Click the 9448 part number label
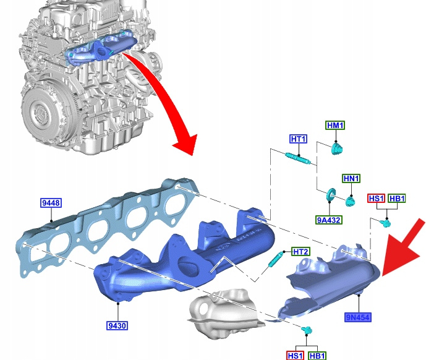(51, 203)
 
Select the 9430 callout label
(117, 325)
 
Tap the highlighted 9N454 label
(358, 317)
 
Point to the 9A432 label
(329, 220)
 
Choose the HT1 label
(299, 139)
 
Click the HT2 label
(300, 252)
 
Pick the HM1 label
(336, 126)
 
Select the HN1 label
(351, 178)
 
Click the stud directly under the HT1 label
(298, 159)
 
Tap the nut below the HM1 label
(337, 148)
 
